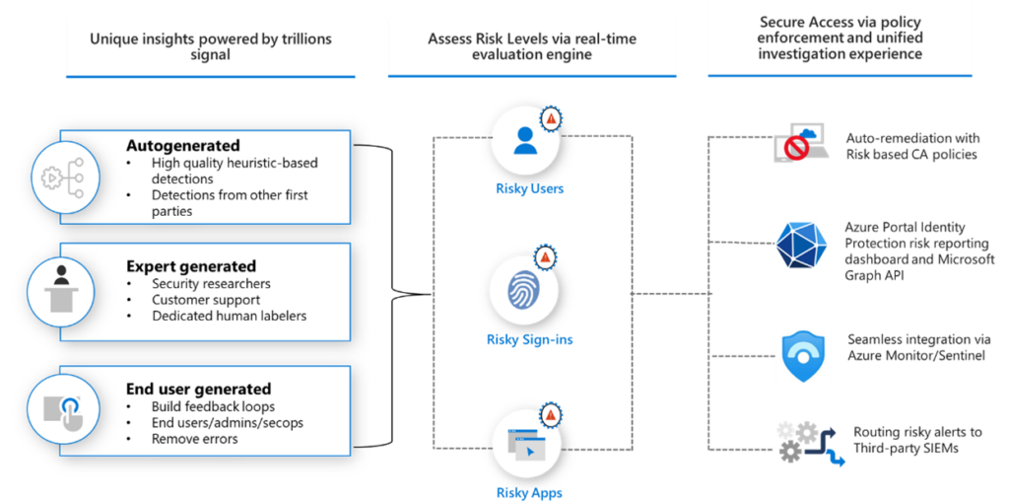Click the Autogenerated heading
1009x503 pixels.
click(182, 146)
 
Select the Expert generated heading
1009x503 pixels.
click(190, 266)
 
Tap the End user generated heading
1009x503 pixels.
click(198, 389)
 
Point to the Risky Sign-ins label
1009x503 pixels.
click(529, 340)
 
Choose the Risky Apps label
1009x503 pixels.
click(529, 492)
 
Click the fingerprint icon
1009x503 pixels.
click(524, 293)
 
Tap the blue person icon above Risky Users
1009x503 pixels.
click(524, 141)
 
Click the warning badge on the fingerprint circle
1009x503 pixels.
click(545, 259)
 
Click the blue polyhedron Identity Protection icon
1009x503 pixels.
click(800, 247)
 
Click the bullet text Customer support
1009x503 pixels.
click(205, 300)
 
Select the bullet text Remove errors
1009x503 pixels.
click(194, 439)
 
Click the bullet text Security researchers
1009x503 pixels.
click(211, 284)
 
